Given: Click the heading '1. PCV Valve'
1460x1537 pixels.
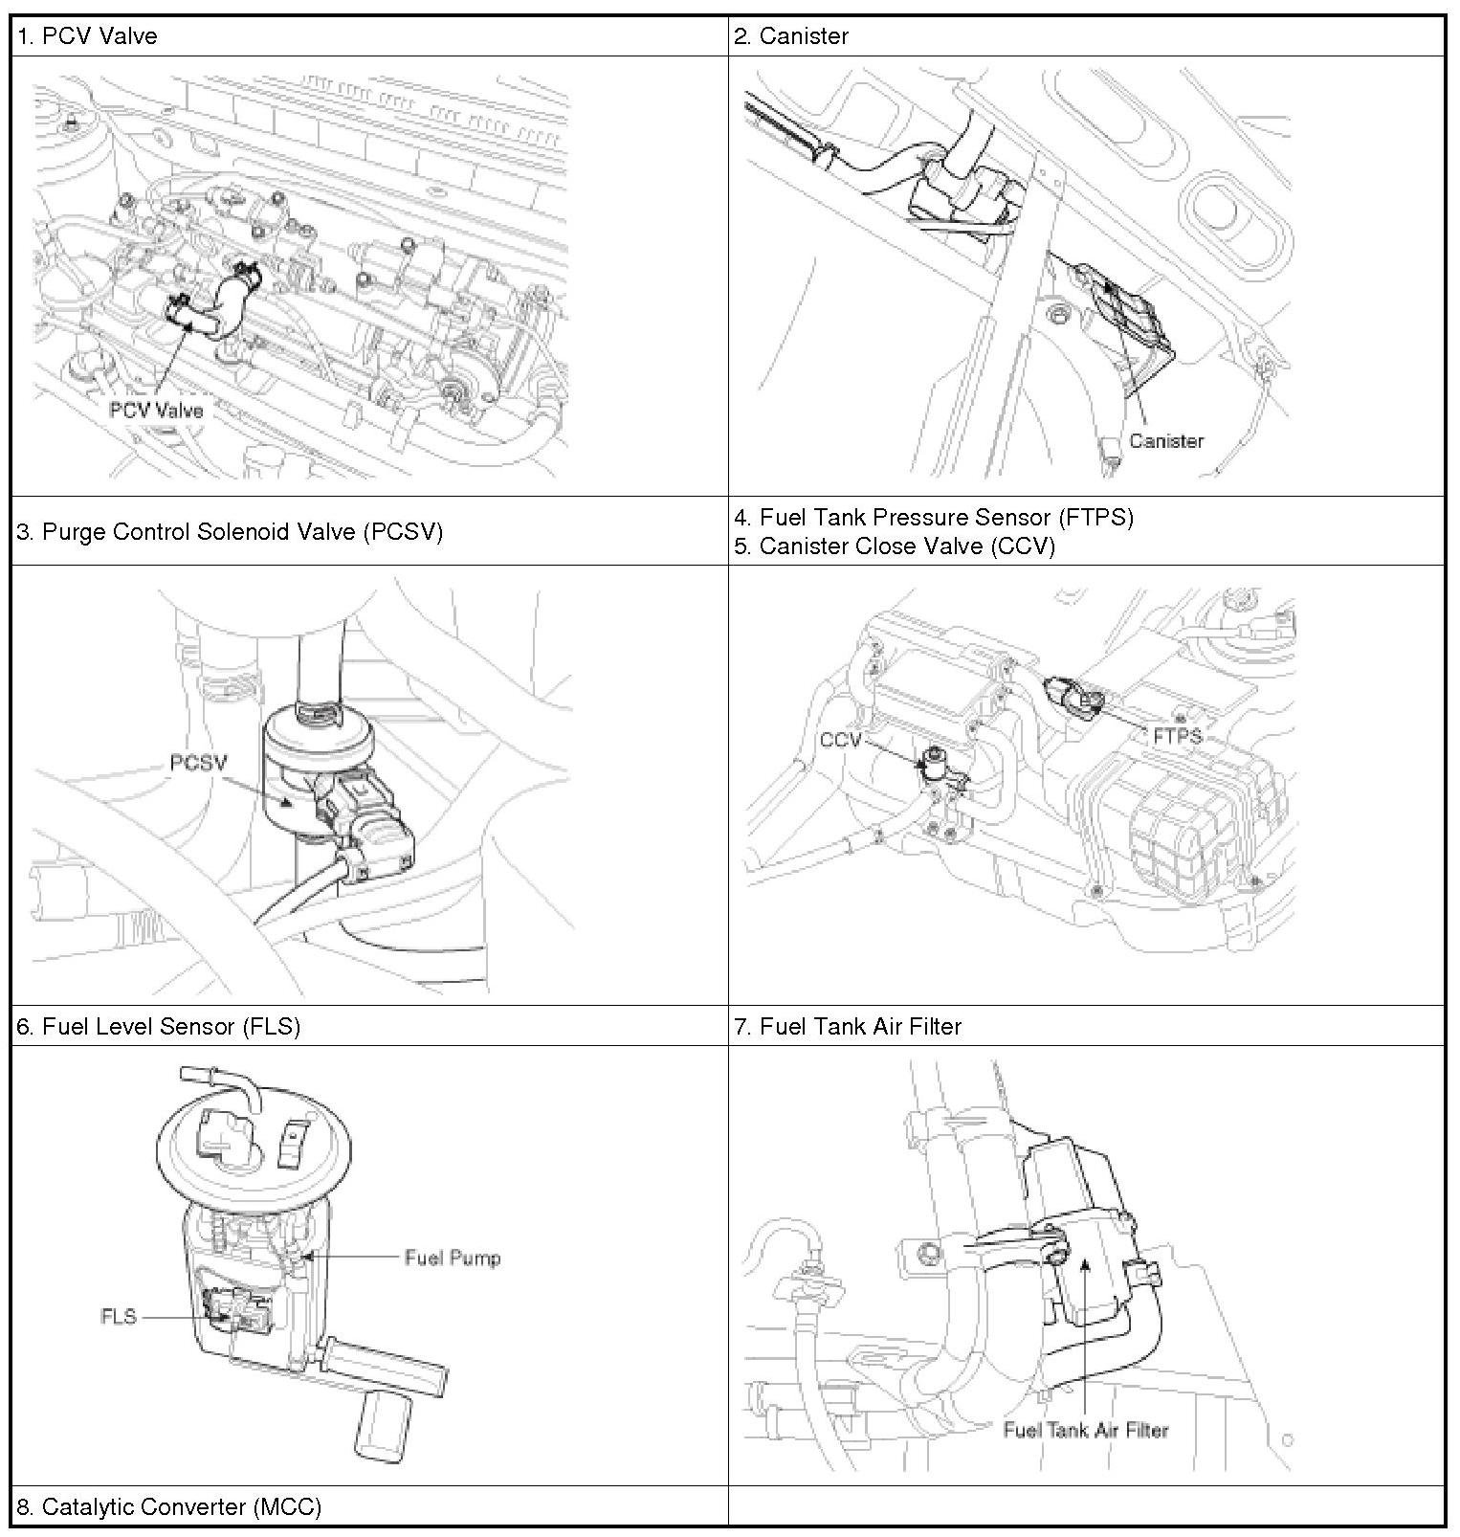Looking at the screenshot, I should [x=87, y=36].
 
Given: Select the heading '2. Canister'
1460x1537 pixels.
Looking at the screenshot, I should [x=790, y=36].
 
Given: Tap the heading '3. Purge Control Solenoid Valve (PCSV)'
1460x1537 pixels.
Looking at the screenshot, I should [x=230, y=531].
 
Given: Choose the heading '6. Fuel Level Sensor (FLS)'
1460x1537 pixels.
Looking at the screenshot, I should [x=159, y=1026].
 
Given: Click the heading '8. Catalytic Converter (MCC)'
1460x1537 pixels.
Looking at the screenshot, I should [x=168, y=1506].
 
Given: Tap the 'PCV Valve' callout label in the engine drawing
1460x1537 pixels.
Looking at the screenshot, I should [x=156, y=411].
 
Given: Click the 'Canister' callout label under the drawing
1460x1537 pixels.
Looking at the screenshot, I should [x=1165, y=441].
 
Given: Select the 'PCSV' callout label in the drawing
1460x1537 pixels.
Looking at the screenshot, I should [x=199, y=763].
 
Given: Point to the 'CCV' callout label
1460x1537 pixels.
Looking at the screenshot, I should [x=841, y=740].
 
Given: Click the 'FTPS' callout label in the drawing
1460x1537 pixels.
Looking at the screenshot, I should [x=1177, y=737].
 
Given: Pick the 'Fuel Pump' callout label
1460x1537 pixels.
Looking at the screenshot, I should [x=452, y=1258].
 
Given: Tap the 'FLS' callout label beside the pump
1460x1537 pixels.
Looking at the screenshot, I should [x=119, y=1317].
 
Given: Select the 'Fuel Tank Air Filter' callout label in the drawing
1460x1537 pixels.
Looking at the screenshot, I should [x=1085, y=1430].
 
